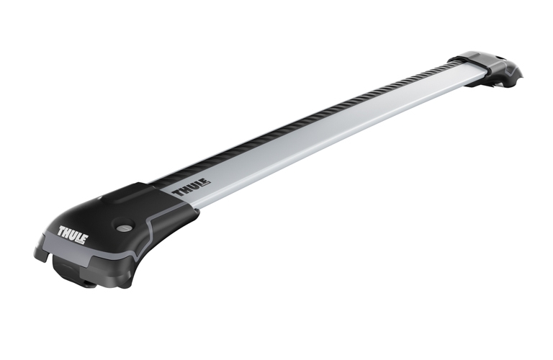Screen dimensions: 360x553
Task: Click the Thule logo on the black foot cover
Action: (72, 235)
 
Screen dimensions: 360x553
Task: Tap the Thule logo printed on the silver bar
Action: (191, 189)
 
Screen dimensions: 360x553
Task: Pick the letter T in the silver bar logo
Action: (177, 193)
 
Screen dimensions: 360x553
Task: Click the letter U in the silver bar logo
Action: (192, 188)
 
